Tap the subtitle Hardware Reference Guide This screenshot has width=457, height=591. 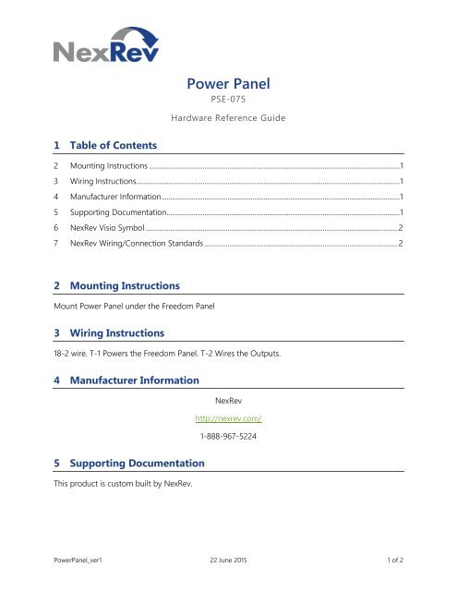click(x=228, y=119)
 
